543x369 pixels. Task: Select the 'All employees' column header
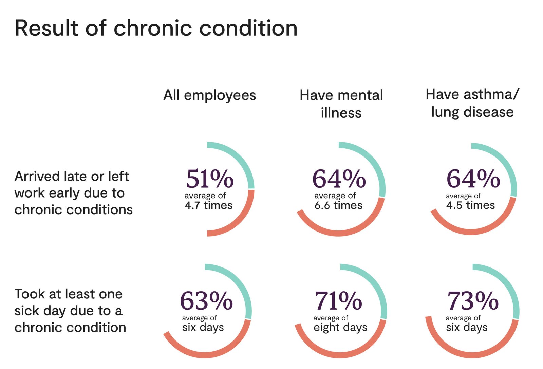point(209,95)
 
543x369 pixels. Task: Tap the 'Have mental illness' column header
point(341,104)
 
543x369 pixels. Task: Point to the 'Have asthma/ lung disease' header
point(472,103)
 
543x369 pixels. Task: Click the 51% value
point(209,179)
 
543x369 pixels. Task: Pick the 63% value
point(206,301)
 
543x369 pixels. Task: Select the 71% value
point(338,301)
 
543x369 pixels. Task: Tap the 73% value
point(473,301)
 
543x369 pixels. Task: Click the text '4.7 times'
point(208,205)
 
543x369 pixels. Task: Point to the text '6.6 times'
point(338,205)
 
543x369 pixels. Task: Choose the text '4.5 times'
point(470,205)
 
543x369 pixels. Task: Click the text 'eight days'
point(340,327)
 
